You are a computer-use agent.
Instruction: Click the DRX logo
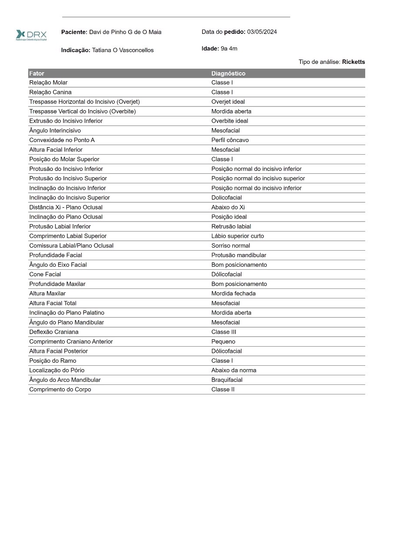[31, 35]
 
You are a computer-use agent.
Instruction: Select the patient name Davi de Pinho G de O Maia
[125, 32]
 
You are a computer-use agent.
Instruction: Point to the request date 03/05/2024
[262, 32]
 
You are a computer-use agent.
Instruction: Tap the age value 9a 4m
[229, 49]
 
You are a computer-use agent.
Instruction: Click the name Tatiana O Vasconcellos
[123, 50]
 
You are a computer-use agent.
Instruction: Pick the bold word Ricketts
[353, 62]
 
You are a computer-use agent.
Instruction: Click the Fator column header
[37, 73]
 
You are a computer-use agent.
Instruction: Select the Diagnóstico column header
[228, 73]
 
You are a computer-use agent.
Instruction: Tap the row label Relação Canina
[50, 92]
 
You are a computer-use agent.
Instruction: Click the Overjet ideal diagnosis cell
[230, 102]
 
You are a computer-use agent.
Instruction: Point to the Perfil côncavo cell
[230, 140]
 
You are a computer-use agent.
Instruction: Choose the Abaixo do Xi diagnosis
[228, 207]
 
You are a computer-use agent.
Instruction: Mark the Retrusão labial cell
[231, 226]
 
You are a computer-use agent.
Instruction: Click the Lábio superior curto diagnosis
[238, 236]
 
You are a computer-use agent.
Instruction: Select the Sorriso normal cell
[231, 245]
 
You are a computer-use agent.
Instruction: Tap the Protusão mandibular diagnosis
[239, 255]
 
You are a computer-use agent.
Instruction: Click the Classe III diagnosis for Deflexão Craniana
[224, 332]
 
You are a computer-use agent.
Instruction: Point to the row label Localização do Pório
[57, 370]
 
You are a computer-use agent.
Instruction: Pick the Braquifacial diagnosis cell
[227, 380]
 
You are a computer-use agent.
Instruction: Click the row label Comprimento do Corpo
[60, 389]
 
